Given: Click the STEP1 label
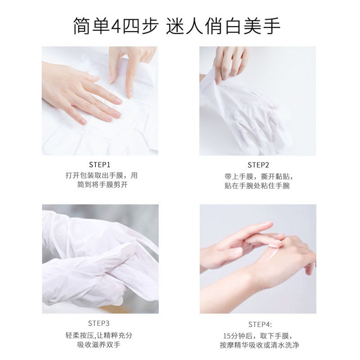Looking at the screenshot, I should (x=100, y=165).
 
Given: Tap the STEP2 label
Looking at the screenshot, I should (x=258, y=165).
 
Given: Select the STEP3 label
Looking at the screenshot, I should (x=100, y=323).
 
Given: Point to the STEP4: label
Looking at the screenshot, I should (x=259, y=324).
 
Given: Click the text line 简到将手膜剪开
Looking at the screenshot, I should (x=100, y=185).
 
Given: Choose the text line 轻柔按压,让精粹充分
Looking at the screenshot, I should (x=100, y=335).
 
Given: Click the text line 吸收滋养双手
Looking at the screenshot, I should (x=100, y=346).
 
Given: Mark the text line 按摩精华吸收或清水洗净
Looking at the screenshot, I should (x=259, y=346).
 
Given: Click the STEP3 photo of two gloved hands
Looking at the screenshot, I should (x=100, y=259).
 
